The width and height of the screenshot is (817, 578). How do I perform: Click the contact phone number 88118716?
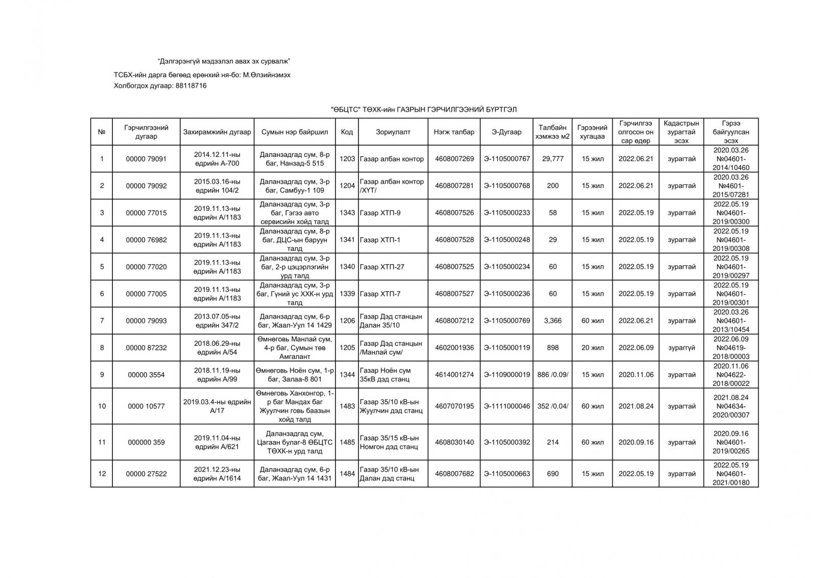tap(190, 86)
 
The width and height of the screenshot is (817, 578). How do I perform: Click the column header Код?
tap(347, 132)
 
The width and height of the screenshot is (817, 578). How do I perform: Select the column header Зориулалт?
tap(393, 132)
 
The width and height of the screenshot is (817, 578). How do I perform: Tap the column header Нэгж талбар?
tap(454, 132)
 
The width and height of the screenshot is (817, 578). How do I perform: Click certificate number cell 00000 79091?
tap(146, 159)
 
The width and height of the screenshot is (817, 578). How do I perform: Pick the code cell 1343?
tap(347, 213)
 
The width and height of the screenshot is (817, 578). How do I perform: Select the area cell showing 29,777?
tap(552, 159)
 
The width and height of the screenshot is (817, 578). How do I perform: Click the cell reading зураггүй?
tap(681, 348)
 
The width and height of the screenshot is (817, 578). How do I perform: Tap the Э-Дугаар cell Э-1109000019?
tap(507, 375)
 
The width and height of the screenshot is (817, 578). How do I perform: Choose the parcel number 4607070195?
tap(454, 406)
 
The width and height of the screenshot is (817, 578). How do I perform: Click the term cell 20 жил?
tap(592, 348)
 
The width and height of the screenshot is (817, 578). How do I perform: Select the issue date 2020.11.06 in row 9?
tap(636, 375)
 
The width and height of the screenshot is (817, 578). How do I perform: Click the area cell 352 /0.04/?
tap(552, 406)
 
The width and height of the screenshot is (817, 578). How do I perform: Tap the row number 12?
tap(102, 474)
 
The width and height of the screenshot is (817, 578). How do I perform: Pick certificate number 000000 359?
tap(146, 442)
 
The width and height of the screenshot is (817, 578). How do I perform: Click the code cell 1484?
tap(347, 474)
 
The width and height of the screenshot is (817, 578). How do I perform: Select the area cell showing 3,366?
tap(552, 321)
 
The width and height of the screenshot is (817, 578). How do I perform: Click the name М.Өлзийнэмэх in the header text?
tap(267, 75)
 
